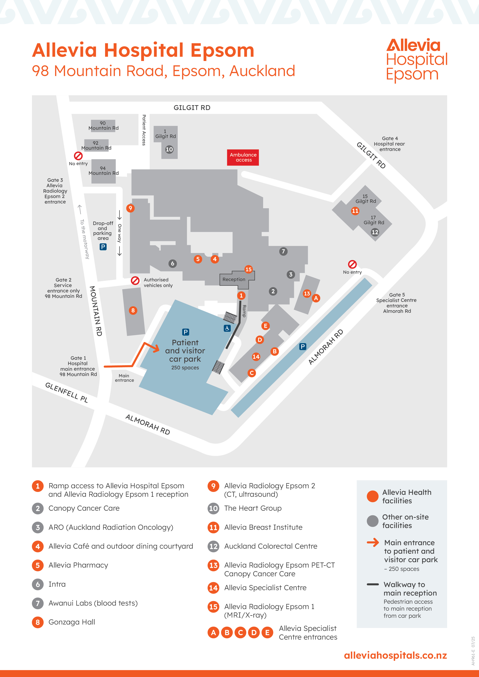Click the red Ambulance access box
pos(243,157)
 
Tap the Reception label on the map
pos(234,279)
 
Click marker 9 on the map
pos(130,208)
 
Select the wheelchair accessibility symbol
pos(227,328)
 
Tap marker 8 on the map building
pos(133,310)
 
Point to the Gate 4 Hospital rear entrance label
pos(390,144)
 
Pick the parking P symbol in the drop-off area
pos(103,247)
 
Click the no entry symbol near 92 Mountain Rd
pos(78,156)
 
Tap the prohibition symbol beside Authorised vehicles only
pos(135,280)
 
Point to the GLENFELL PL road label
pos(66,393)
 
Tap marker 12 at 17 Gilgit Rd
pos(375,232)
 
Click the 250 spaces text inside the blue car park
pos(185,368)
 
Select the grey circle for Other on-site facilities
pos(372,521)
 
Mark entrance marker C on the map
pos(252,373)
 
